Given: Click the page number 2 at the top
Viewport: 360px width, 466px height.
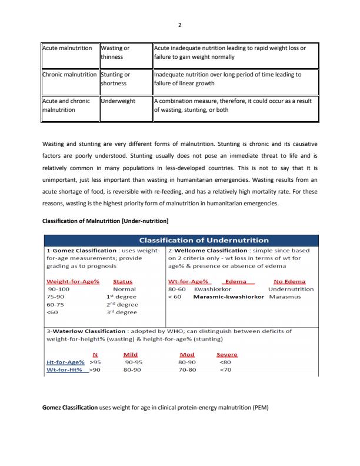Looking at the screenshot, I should point(180,26).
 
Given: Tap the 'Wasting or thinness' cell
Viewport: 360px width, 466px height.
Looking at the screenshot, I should point(115,52).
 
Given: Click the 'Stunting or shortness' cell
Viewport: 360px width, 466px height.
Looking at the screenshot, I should point(115,79).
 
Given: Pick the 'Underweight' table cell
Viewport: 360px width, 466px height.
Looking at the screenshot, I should point(118,101).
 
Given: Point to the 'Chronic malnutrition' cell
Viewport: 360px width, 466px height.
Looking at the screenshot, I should point(69,75).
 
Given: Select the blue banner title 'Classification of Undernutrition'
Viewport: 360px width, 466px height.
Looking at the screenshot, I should point(203,239).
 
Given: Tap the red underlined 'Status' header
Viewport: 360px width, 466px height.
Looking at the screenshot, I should point(122,281).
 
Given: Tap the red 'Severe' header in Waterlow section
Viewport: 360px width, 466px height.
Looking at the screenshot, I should point(227,355).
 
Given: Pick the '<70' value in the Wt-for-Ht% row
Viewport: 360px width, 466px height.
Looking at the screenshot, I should point(225,371).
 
